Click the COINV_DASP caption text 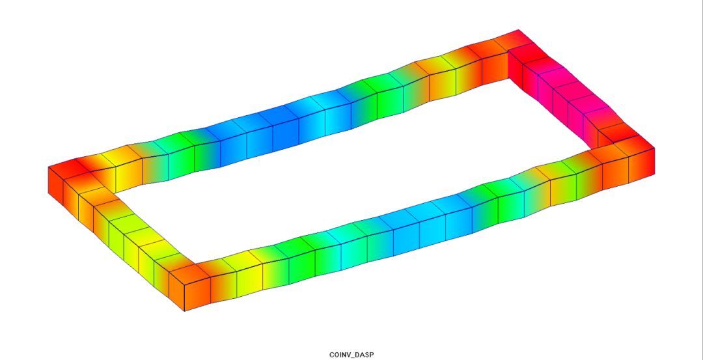(x=351, y=355)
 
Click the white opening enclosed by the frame (x=350, y=175)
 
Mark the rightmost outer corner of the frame (x=654, y=148)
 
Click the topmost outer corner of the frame (x=519, y=29)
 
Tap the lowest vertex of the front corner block (x=185, y=311)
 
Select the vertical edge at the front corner (x=185, y=298)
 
